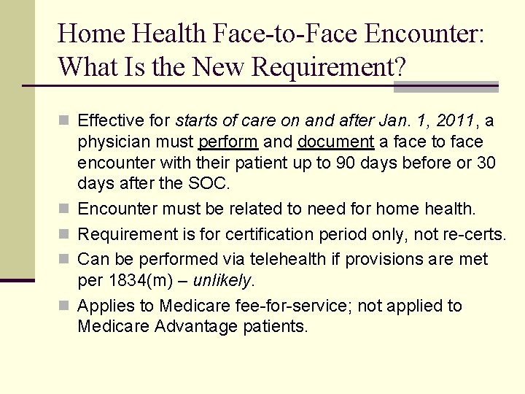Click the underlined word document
tap(335, 142)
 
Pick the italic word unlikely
tap(222, 280)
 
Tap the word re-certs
tap(477, 234)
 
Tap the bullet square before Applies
tap(65, 306)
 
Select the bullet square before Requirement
tap(65, 234)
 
